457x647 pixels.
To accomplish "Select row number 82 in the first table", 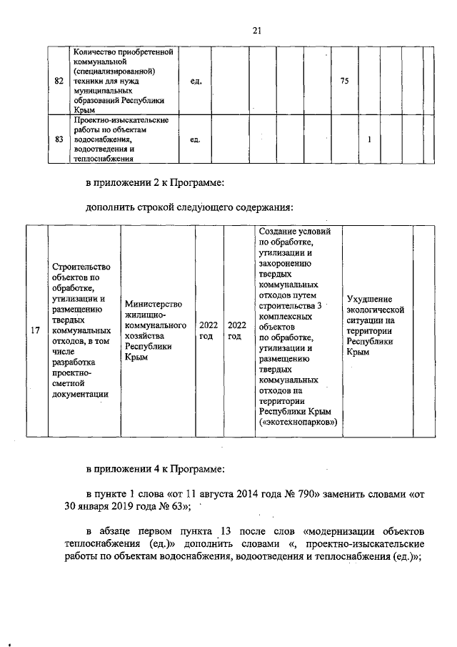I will click(59, 82).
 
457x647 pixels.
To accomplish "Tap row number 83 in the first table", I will click(59, 139).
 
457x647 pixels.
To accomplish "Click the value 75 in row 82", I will click(344, 82).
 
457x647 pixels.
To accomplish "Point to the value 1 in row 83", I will click(369, 139).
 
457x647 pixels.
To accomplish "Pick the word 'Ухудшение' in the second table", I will click(370, 298).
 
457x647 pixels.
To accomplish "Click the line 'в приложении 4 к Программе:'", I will click(155, 469).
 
